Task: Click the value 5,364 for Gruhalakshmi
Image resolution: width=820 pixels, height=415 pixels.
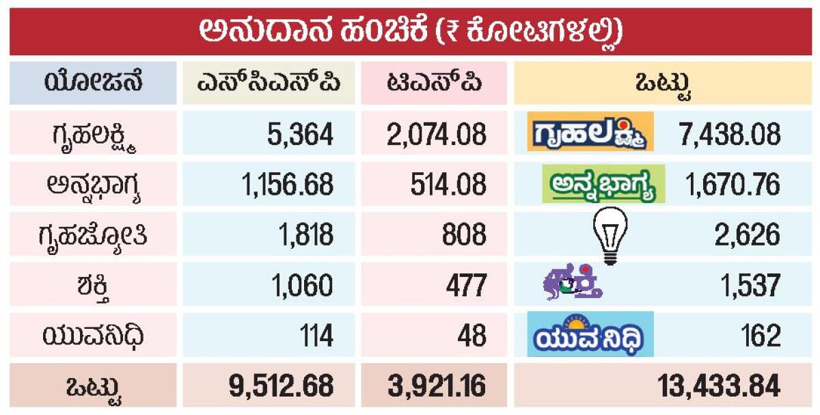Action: click(x=300, y=134)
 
